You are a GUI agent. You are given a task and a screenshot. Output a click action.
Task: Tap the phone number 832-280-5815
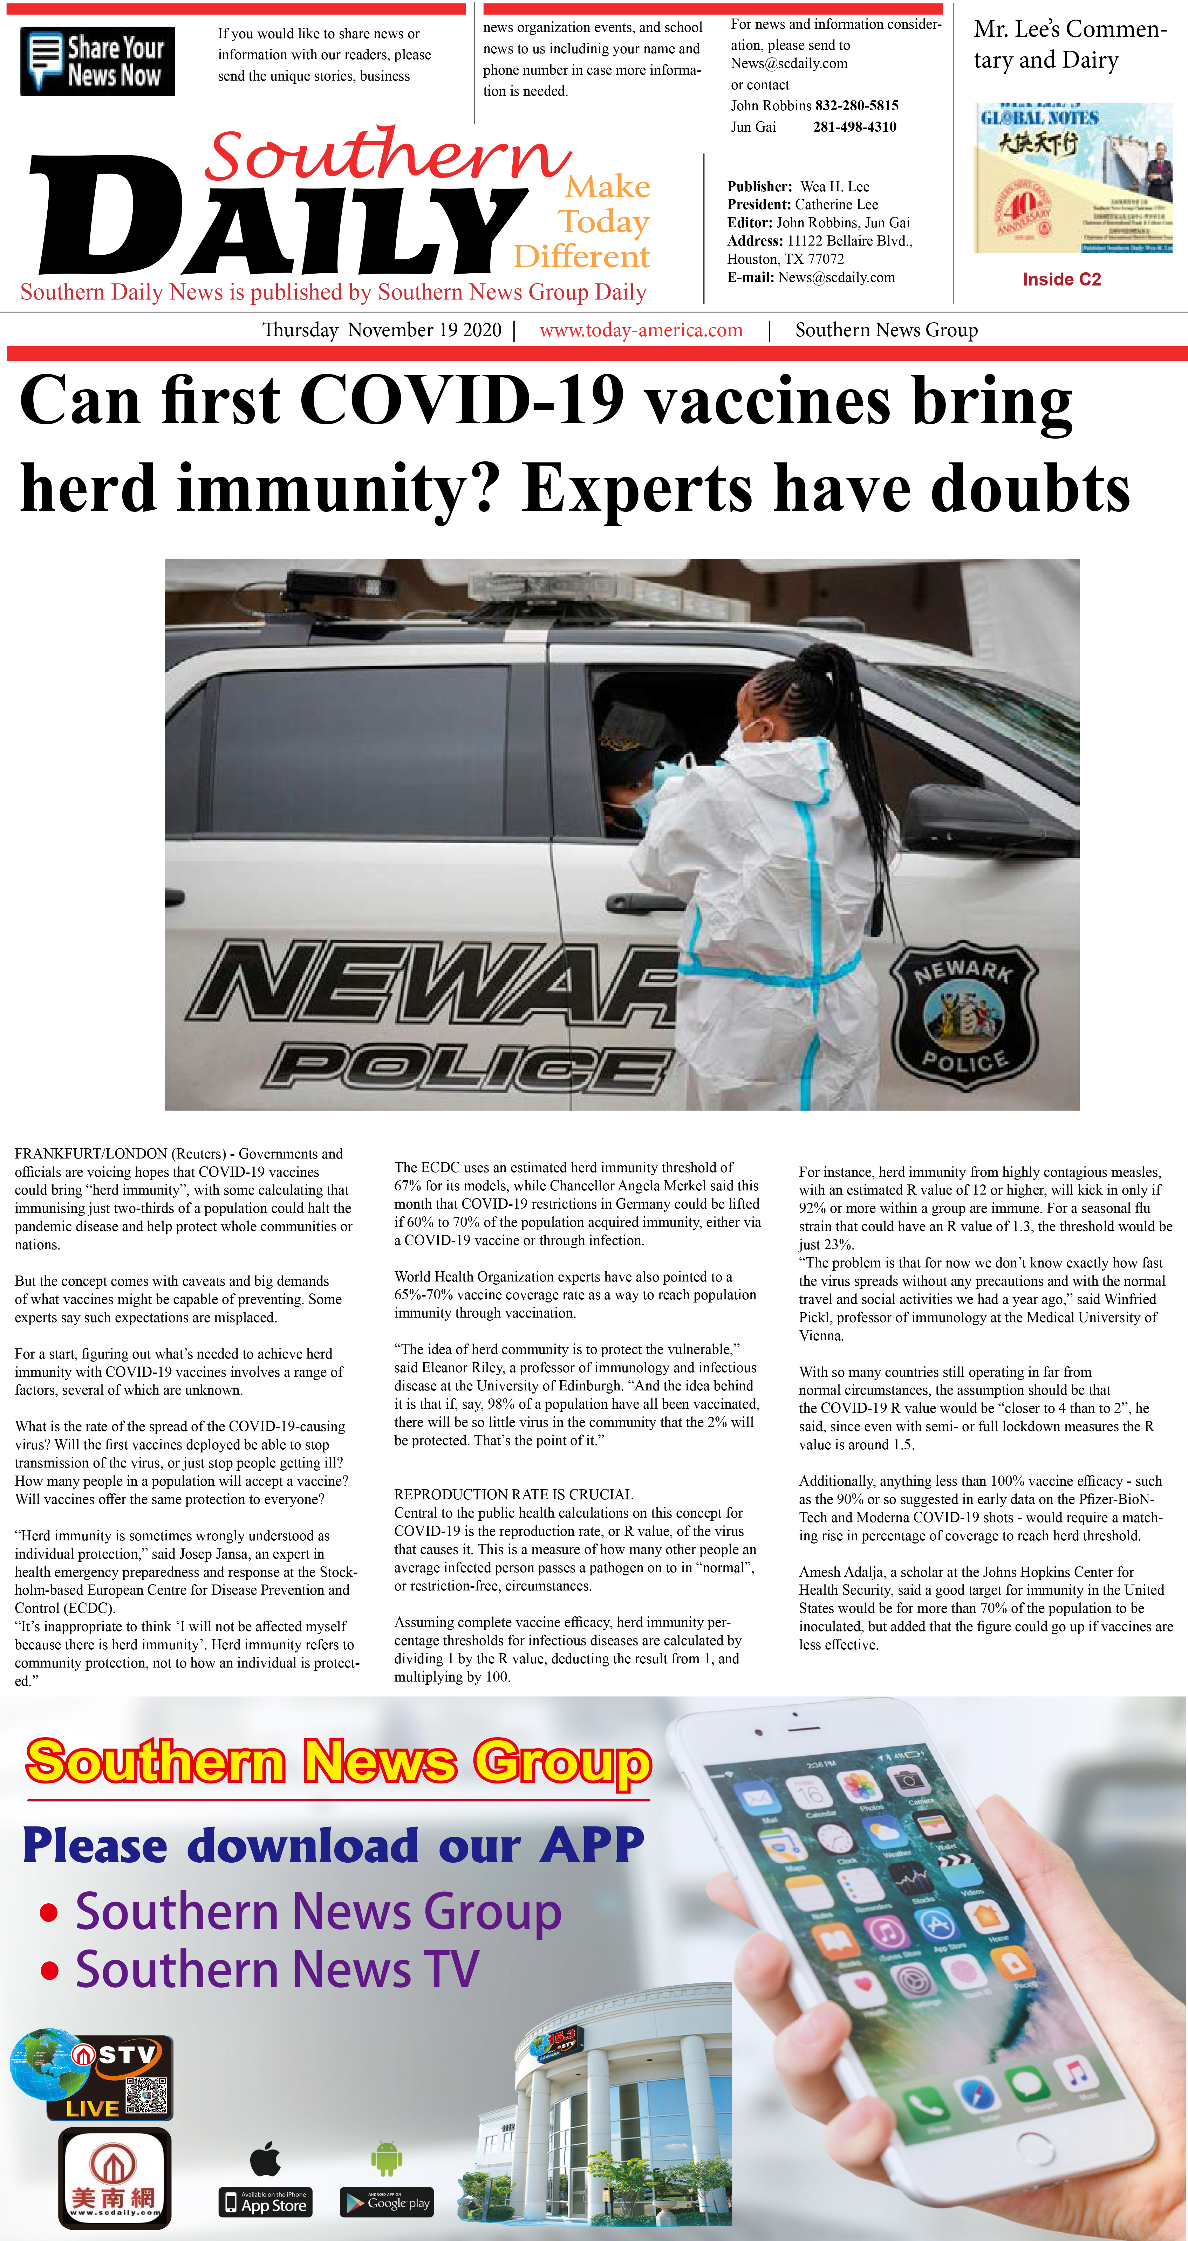856,105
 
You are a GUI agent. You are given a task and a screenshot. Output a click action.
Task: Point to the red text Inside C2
1061,279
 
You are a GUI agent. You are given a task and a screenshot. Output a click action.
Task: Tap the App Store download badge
265,2202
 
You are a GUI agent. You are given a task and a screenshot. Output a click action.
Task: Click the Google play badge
387,2202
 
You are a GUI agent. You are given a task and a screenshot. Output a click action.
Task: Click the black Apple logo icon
265,2158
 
